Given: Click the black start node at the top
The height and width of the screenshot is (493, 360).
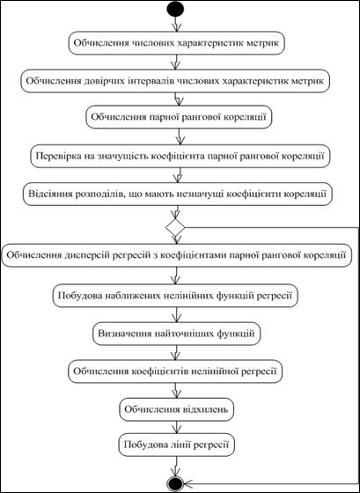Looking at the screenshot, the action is click(x=175, y=9).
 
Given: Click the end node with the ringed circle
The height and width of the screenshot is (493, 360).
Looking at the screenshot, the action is click(x=175, y=483).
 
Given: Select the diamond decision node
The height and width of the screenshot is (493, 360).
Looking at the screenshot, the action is click(x=175, y=227).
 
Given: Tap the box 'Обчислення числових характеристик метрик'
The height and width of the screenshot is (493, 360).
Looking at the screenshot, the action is click(x=176, y=43).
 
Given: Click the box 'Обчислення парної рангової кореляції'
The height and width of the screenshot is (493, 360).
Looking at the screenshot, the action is click(x=179, y=116).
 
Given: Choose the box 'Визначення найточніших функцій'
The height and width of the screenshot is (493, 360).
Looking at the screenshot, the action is click(x=176, y=334).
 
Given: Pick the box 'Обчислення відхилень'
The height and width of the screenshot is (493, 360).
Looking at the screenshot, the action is click(x=176, y=409).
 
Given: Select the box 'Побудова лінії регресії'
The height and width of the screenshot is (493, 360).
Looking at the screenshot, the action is click(x=176, y=445).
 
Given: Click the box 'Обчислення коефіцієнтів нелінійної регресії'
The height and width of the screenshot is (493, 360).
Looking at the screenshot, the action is click(x=175, y=371).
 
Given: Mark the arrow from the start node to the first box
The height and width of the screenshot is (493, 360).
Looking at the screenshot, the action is click(x=176, y=24).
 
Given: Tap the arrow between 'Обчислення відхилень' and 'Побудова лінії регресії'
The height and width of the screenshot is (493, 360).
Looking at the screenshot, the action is click(x=176, y=427).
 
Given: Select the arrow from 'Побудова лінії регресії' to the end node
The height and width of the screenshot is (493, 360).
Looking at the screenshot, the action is click(x=176, y=466).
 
